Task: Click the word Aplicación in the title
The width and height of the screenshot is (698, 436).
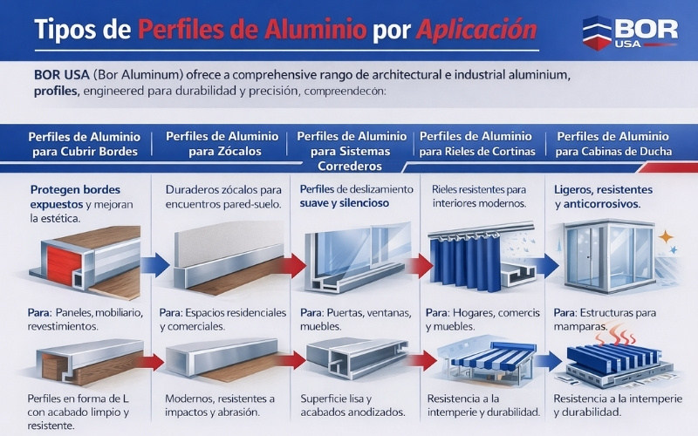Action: [x=476, y=31]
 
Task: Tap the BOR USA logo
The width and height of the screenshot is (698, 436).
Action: [x=629, y=34]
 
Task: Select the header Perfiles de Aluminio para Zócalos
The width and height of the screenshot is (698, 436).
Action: [x=222, y=144]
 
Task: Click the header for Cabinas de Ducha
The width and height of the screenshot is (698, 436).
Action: [x=613, y=144]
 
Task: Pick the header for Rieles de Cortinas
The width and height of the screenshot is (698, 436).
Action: [x=476, y=144]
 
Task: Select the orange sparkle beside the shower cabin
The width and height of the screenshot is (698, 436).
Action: [x=666, y=236]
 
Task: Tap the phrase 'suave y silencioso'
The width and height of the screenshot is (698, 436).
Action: [x=345, y=203]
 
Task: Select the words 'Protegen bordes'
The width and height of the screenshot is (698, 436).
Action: [x=75, y=189]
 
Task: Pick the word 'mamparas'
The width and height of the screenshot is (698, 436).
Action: [x=579, y=325]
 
